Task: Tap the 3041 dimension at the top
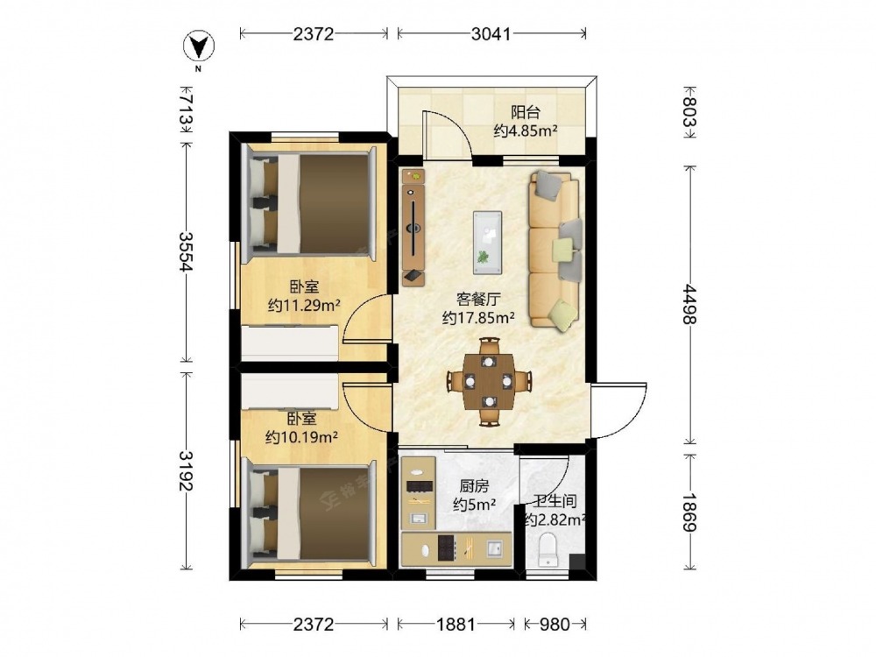point(491,34)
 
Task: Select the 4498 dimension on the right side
point(690,305)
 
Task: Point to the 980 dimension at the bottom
point(555,624)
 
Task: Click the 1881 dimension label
point(456,624)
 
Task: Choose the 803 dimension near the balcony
point(690,112)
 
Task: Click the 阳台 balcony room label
point(525,112)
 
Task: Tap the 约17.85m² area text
point(479,318)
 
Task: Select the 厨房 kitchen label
point(474,486)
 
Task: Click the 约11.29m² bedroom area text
point(305,305)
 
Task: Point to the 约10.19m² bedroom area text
point(301,436)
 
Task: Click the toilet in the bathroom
point(547,549)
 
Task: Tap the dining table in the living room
point(489,382)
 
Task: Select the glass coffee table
point(487,243)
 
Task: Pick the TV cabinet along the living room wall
point(413,228)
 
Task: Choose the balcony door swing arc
point(448,134)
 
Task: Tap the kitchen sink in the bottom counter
point(495,548)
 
